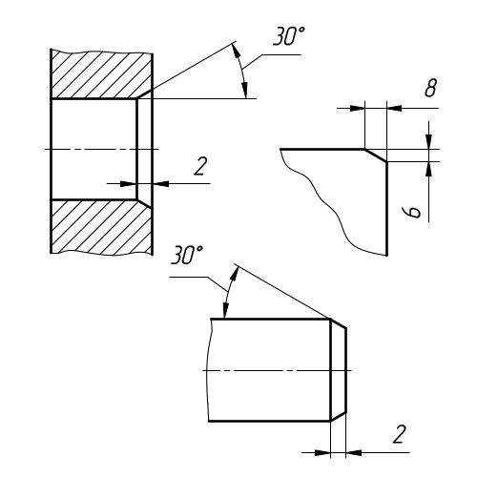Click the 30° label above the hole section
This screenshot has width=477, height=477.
(289, 36)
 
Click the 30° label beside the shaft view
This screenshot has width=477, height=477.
(186, 255)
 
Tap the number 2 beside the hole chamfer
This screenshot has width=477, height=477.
(200, 166)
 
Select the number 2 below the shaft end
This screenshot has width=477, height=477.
(400, 434)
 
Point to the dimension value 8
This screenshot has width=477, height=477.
(431, 87)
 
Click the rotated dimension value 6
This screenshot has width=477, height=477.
(411, 212)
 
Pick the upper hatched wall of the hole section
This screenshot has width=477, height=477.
(101, 75)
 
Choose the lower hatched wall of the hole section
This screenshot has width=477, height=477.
(101, 227)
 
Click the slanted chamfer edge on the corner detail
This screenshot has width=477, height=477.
(376, 156)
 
